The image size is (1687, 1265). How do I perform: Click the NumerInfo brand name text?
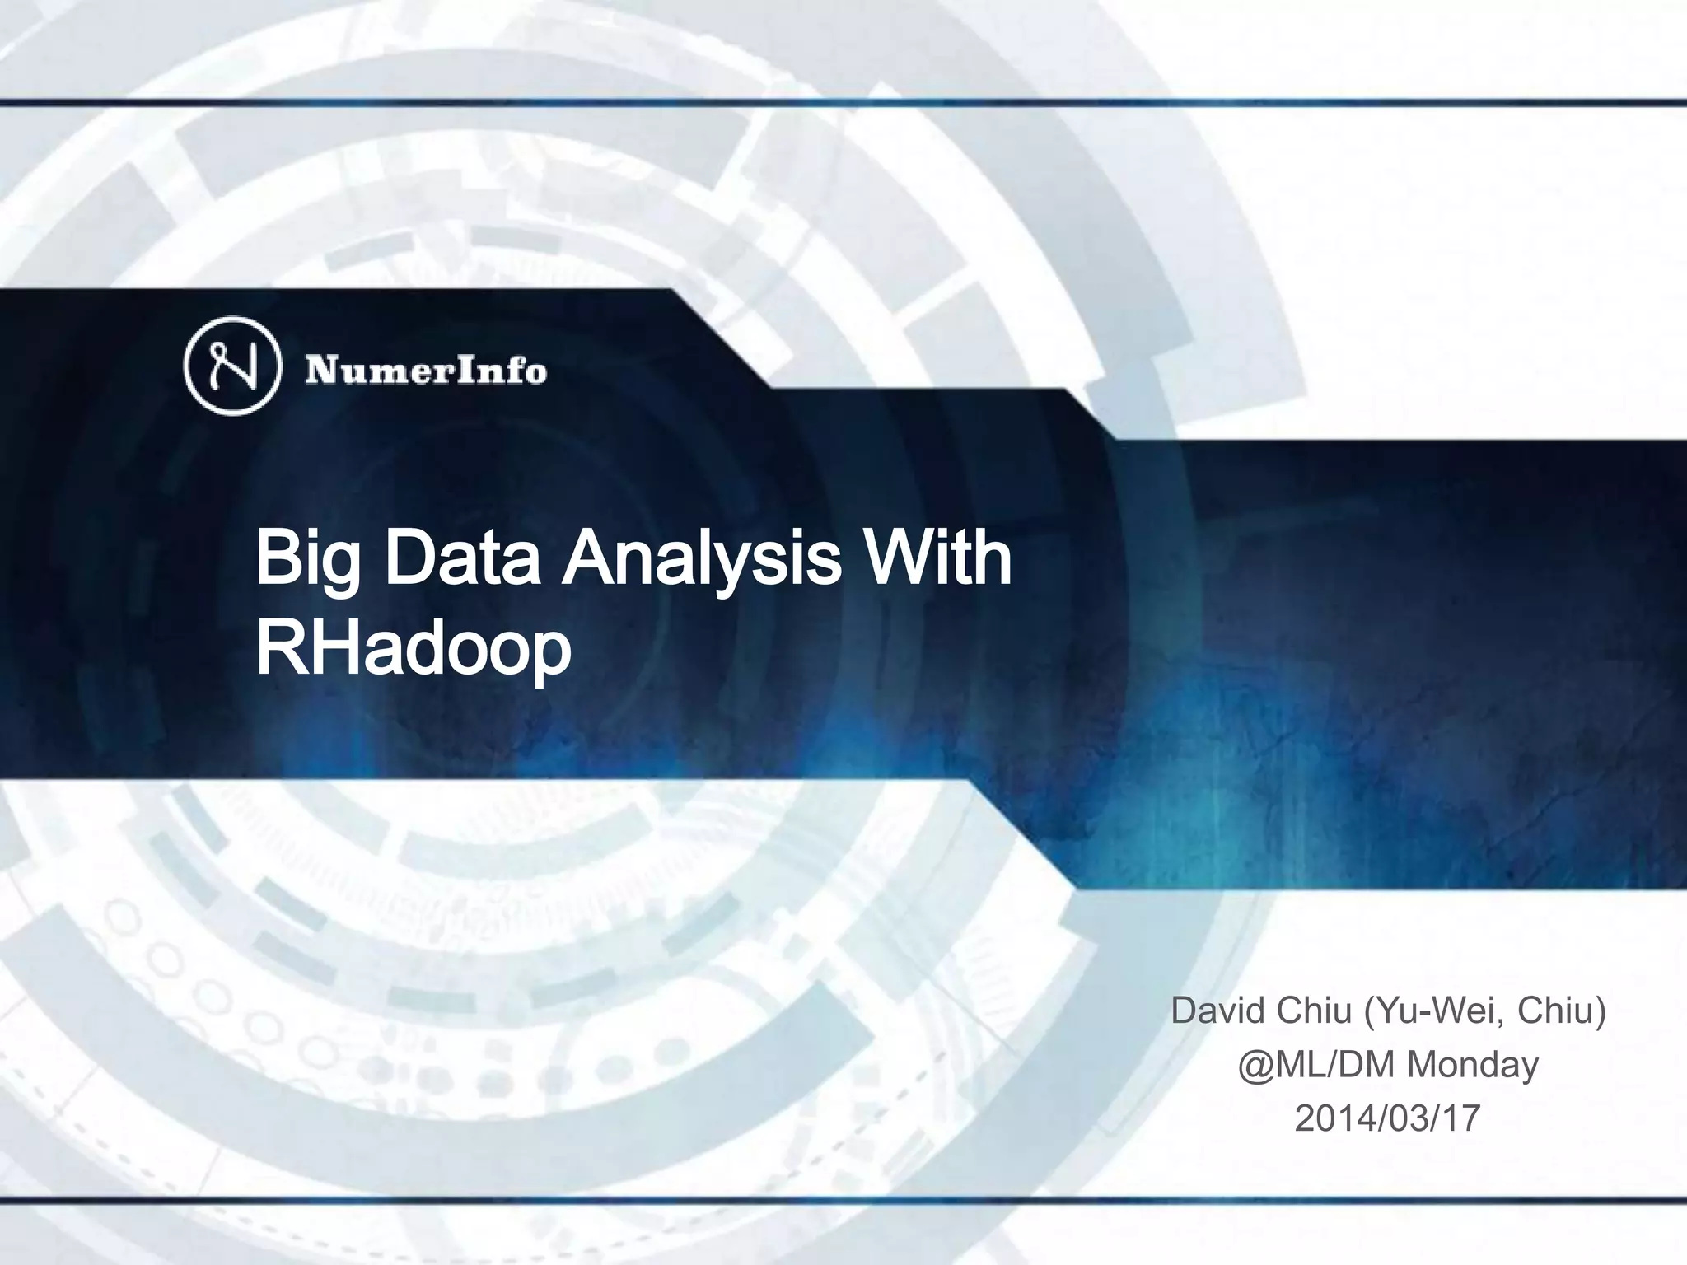click(x=426, y=370)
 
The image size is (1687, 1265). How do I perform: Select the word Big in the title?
click(x=308, y=560)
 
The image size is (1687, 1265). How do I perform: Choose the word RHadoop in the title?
click(x=414, y=648)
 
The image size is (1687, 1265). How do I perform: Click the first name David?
click(x=1217, y=1011)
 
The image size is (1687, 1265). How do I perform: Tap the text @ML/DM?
click(x=1317, y=1064)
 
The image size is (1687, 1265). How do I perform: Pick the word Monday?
click(x=1472, y=1064)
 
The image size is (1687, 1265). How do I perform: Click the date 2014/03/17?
click(x=1387, y=1118)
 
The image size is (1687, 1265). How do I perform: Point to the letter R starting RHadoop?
click(x=278, y=648)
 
